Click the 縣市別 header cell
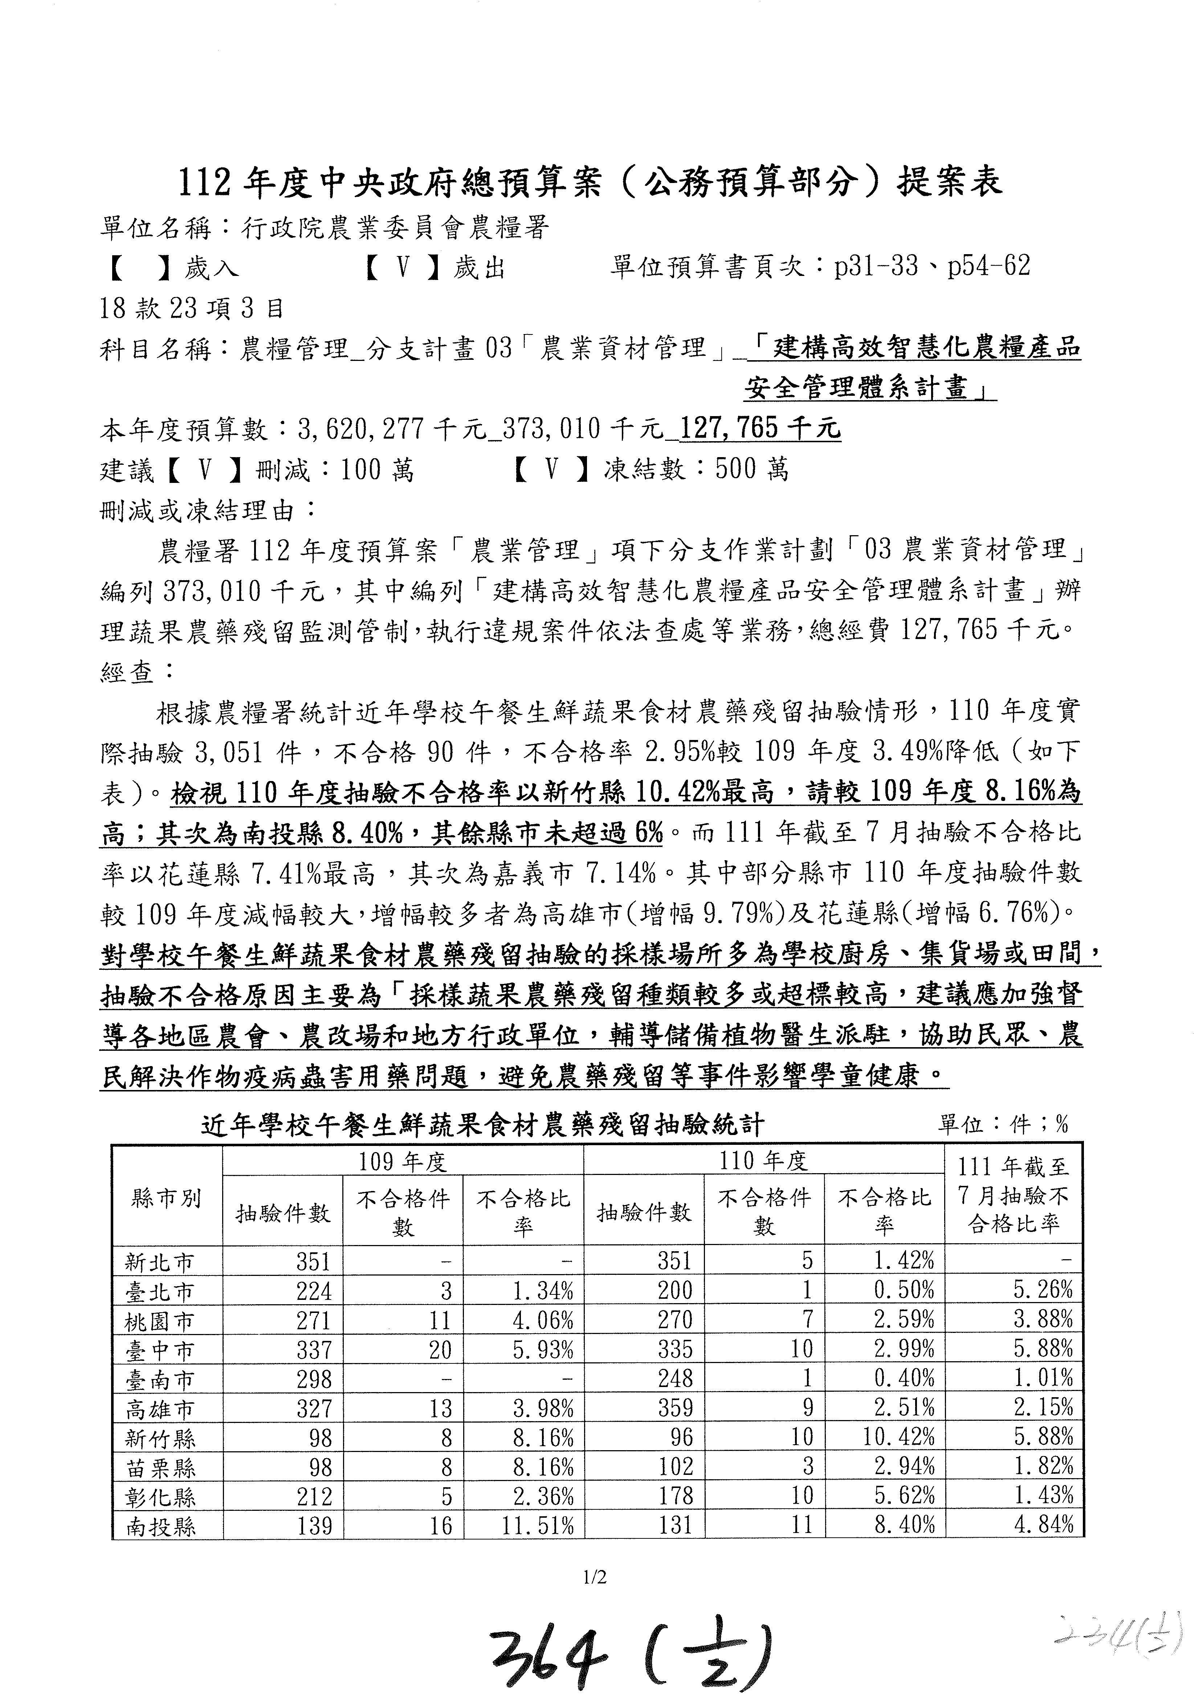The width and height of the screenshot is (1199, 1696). [166, 1198]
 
